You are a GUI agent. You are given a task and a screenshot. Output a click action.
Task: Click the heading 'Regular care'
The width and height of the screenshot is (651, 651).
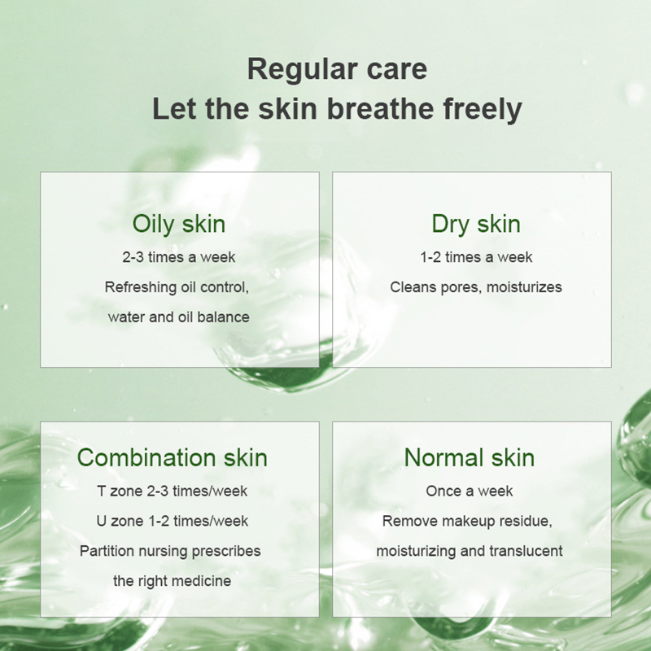tap(337, 70)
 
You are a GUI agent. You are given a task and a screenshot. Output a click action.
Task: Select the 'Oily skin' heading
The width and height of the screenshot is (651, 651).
tap(179, 225)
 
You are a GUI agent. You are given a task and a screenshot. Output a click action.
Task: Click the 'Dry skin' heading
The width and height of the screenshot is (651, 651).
tap(476, 225)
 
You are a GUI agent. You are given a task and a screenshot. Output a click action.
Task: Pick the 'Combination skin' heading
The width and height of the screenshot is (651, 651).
tap(173, 457)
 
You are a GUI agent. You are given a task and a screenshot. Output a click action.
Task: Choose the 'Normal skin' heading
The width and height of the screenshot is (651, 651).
tap(470, 457)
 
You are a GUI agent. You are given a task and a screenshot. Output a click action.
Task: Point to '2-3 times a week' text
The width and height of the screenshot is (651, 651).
tap(179, 257)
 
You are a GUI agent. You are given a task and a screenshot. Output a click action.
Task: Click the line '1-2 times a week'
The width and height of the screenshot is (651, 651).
tap(476, 257)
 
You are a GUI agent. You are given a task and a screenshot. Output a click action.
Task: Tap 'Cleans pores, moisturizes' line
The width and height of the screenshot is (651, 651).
tap(476, 287)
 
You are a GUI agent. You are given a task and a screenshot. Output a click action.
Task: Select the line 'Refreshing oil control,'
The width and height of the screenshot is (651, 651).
tap(177, 287)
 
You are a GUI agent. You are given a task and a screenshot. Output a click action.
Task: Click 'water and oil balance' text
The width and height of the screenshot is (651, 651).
tap(178, 317)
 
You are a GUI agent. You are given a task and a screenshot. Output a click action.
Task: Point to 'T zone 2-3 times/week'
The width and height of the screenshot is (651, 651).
tap(173, 492)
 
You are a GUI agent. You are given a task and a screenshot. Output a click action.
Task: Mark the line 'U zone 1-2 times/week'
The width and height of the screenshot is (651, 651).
tap(173, 521)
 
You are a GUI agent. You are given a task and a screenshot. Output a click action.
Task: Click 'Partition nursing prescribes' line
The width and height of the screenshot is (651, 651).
tap(170, 552)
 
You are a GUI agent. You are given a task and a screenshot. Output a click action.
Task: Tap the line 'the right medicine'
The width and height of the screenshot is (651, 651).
tap(173, 581)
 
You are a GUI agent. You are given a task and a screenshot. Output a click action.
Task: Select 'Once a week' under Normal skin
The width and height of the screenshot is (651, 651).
tap(470, 492)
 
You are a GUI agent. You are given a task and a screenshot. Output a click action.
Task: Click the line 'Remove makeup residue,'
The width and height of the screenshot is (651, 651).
tap(467, 522)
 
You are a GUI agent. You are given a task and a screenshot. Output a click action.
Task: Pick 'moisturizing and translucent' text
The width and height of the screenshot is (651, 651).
tap(470, 552)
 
